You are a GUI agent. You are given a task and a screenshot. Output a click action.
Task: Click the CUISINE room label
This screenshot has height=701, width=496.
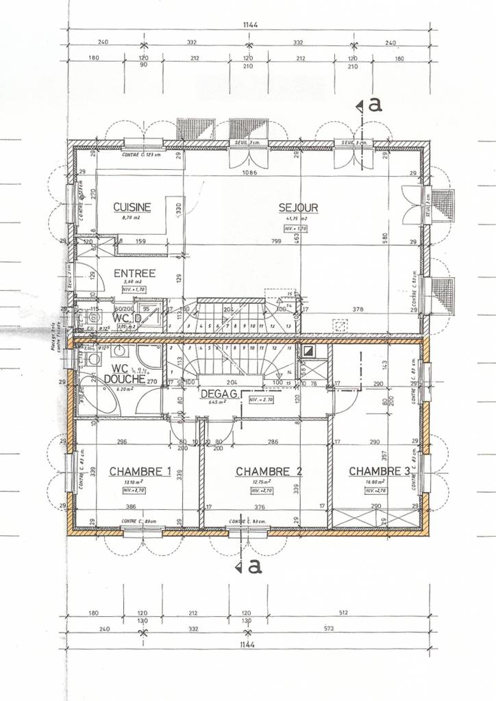pos(132,207)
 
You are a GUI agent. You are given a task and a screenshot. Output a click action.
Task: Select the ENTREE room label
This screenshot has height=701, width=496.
pos(134,273)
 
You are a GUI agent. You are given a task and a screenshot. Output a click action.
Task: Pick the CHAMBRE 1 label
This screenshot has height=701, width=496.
pos(140,472)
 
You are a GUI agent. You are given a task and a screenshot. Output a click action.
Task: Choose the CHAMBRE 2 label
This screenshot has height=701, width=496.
pos(269,472)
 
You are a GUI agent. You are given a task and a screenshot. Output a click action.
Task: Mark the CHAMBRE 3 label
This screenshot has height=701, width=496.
pos(380,472)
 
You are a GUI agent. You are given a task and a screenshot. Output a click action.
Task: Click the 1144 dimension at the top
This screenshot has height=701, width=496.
pos(250,25)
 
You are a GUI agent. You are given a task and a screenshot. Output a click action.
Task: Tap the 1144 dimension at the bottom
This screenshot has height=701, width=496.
pos(250,645)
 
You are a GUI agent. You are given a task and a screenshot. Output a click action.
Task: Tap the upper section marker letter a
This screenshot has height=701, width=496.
pos(375,105)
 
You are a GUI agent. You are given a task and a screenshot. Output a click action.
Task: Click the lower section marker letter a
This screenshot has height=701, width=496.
pos(255,566)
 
